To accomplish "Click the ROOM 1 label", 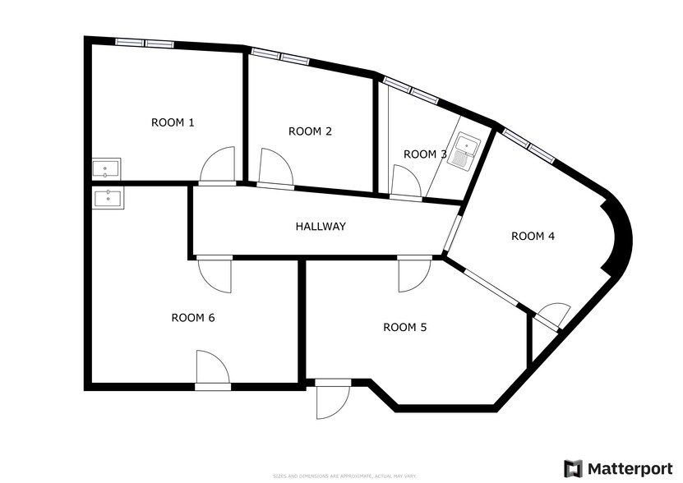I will click(x=173, y=122).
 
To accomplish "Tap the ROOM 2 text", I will click(x=310, y=131).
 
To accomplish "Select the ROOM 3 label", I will click(x=425, y=154).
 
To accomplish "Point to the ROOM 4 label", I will click(x=533, y=236).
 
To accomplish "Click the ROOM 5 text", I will click(x=405, y=327).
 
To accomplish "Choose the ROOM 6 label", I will click(x=193, y=318).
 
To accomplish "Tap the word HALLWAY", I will click(x=321, y=226).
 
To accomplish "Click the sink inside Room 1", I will click(x=106, y=168).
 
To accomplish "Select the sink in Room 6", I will click(x=107, y=198).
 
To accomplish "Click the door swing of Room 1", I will click(x=219, y=164).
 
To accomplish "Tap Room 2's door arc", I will click(x=275, y=168).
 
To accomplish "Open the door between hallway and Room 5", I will click(x=413, y=274).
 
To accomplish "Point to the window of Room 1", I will click(x=145, y=43).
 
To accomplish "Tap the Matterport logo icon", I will click(x=573, y=468).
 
